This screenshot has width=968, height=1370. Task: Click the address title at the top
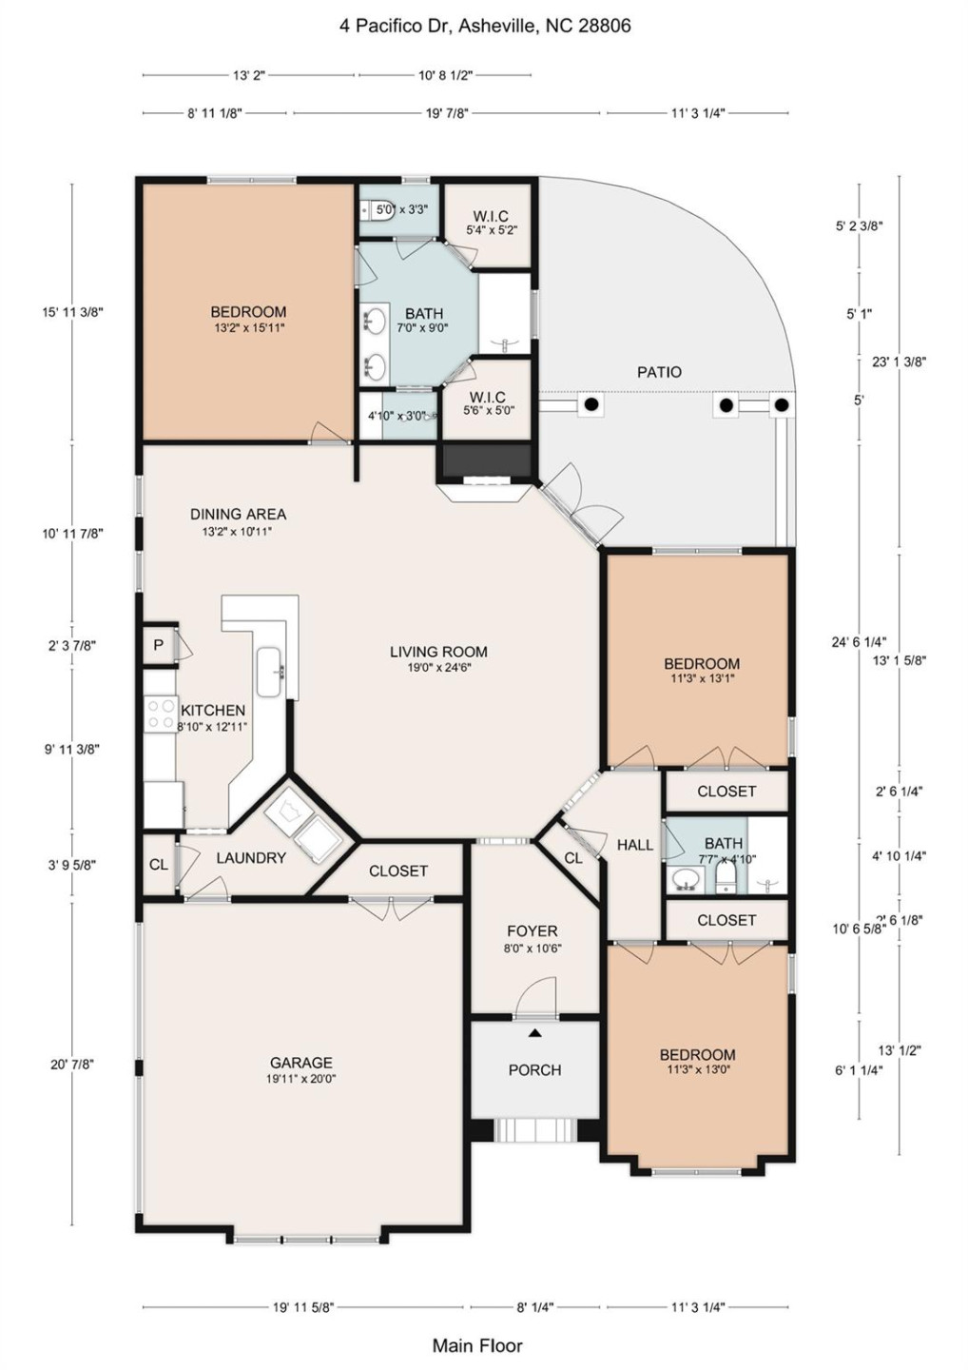pyautogui.click(x=485, y=26)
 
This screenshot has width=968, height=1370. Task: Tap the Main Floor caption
pyautogui.click(x=477, y=1345)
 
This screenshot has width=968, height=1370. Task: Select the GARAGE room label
pyautogui.click(x=300, y=1063)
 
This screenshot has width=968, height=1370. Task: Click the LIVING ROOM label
pyautogui.click(x=438, y=652)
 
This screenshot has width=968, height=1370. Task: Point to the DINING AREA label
pyautogui.click(x=238, y=514)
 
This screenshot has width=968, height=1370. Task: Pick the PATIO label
pyautogui.click(x=659, y=372)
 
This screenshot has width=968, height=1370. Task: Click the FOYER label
pyautogui.click(x=532, y=930)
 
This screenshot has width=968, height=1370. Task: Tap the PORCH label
pyautogui.click(x=534, y=1069)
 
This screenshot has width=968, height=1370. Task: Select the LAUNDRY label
pyautogui.click(x=251, y=857)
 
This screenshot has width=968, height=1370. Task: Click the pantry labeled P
pyautogui.click(x=159, y=645)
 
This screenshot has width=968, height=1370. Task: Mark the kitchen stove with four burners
pyautogui.click(x=161, y=714)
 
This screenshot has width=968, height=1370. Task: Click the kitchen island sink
pyautogui.click(x=269, y=672)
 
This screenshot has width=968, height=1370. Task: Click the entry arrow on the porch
pyautogui.click(x=535, y=1032)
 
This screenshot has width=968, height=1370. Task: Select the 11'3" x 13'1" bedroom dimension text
pyautogui.click(x=702, y=678)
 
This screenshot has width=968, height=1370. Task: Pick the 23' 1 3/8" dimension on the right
pyautogui.click(x=899, y=362)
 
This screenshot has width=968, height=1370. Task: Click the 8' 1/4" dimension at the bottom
pyautogui.click(x=534, y=1307)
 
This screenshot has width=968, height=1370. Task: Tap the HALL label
pyautogui.click(x=634, y=844)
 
